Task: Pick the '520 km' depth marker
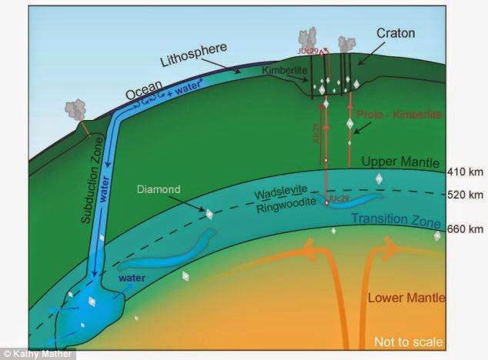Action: [x=464, y=195]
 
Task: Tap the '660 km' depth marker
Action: [x=464, y=229]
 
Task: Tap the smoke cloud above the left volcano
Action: [x=76, y=108]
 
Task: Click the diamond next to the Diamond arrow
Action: [x=206, y=212]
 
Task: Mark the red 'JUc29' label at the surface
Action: [x=309, y=51]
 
